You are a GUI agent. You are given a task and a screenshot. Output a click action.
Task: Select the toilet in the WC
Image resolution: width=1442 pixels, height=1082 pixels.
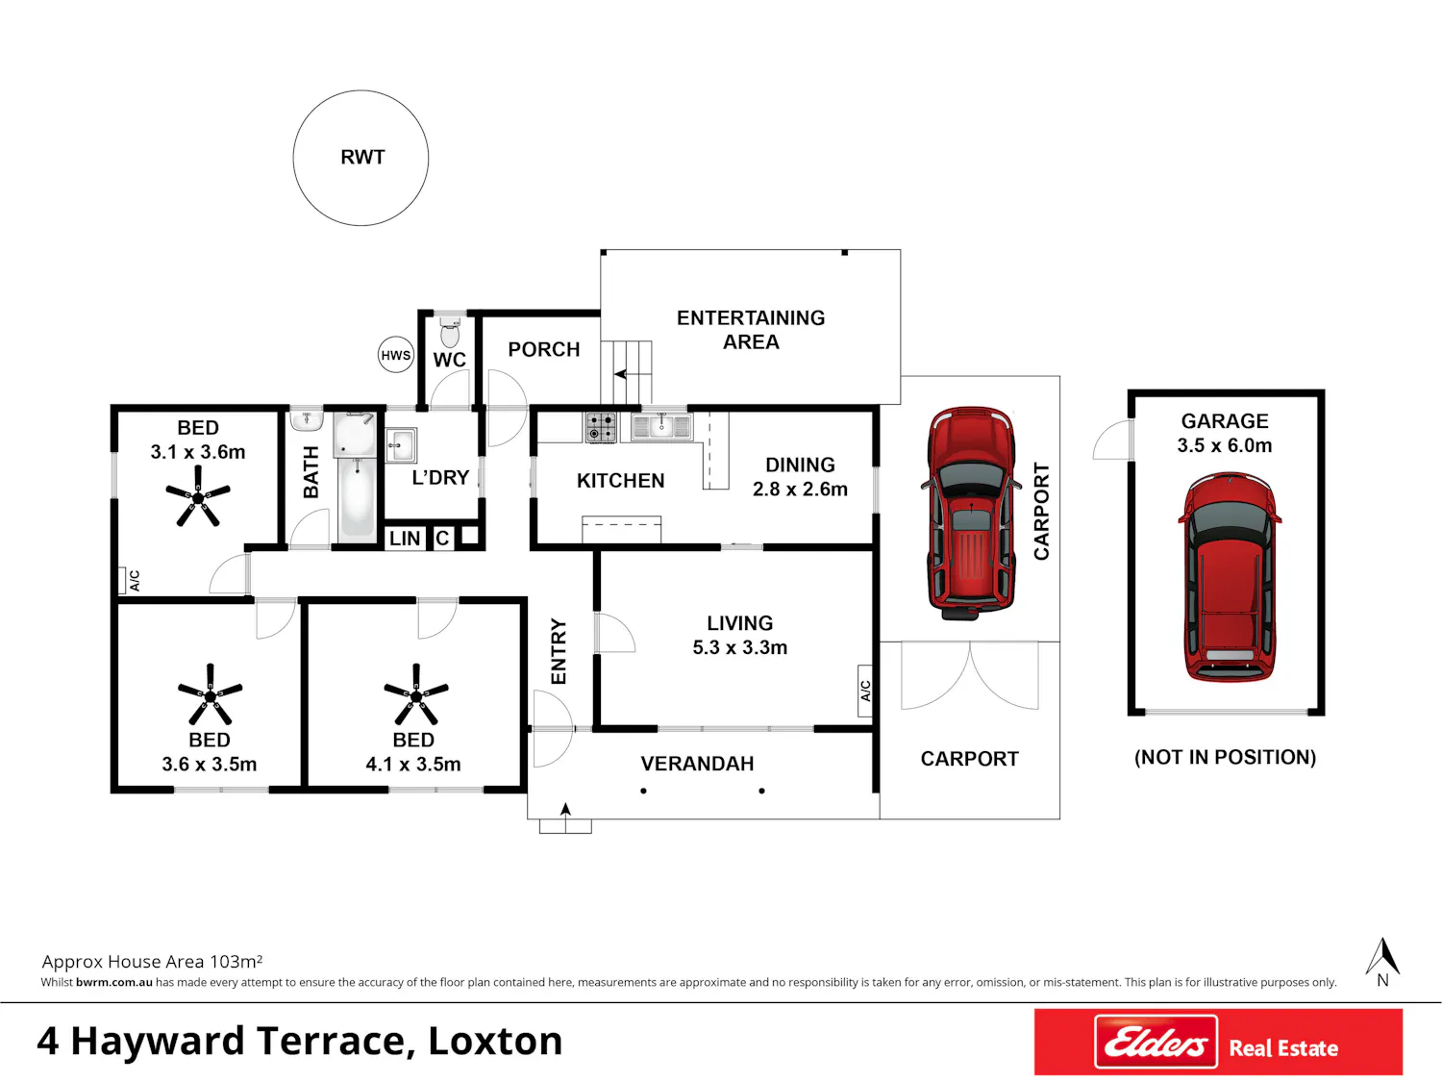click(x=449, y=332)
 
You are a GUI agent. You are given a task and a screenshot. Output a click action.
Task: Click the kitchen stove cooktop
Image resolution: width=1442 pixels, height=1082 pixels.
click(x=601, y=427)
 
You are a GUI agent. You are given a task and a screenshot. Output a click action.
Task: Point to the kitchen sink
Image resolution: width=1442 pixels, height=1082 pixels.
click(x=660, y=426)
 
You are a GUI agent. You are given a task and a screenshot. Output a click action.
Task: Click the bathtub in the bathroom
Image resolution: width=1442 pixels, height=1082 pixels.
click(x=357, y=498)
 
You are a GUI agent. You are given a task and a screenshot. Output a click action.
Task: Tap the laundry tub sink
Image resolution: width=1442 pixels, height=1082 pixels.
click(x=400, y=445)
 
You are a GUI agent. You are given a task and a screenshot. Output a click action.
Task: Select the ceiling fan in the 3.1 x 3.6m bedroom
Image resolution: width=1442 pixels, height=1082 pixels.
click(x=198, y=496)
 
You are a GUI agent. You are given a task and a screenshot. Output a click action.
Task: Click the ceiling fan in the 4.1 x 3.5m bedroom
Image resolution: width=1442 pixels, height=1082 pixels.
click(x=416, y=693)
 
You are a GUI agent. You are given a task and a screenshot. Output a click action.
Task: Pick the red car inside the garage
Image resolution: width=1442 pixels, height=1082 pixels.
click(x=1229, y=577)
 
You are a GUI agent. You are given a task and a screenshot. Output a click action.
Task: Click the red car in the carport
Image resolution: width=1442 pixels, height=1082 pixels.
click(x=970, y=513)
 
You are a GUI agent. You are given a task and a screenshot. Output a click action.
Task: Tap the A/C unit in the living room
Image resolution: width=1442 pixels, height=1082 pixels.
click(x=865, y=691)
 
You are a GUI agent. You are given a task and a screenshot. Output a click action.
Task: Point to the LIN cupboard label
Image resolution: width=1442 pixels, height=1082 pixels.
click(x=404, y=539)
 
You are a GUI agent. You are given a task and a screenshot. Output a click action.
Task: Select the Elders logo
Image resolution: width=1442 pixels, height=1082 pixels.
click(x=1156, y=1042)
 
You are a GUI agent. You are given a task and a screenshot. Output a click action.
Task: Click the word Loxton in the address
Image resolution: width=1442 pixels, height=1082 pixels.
click(x=495, y=1042)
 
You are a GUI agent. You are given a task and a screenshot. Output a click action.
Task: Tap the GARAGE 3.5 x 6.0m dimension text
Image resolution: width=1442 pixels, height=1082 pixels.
click(x=1225, y=433)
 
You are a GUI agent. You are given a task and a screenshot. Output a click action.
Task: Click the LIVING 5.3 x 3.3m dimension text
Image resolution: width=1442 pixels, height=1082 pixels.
click(x=739, y=635)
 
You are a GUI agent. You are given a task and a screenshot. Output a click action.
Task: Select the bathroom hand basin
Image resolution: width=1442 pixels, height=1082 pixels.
click(x=307, y=420)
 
